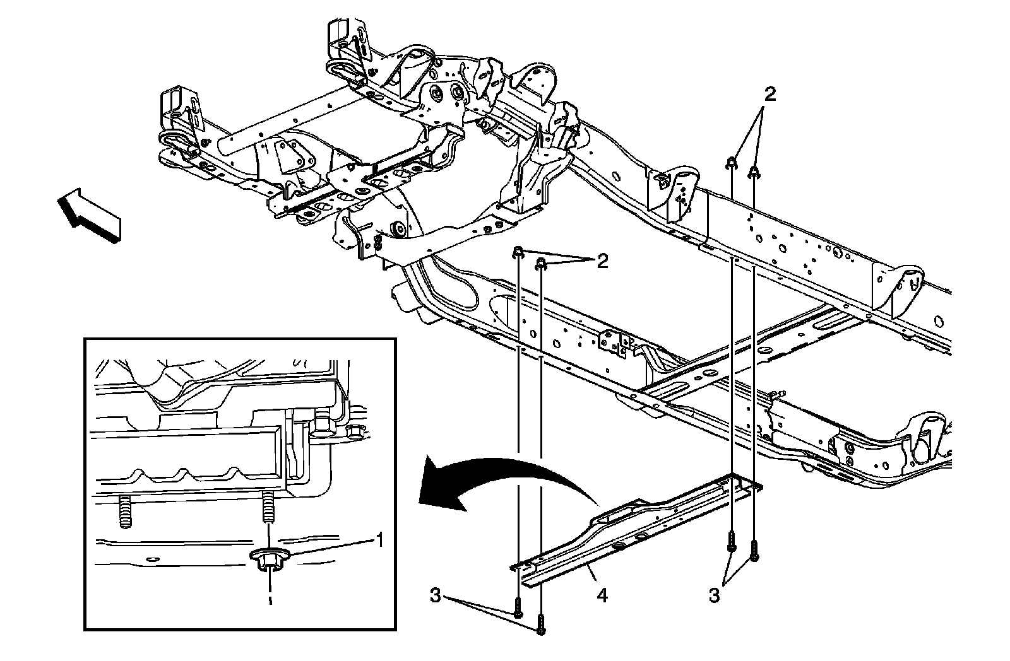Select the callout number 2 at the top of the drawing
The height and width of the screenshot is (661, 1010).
(769, 95)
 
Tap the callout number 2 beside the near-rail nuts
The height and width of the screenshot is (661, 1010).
(603, 261)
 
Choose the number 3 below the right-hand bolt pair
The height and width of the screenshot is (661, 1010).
(714, 595)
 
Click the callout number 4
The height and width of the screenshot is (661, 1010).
(603, 595)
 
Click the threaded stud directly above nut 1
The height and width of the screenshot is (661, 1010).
(269, 506)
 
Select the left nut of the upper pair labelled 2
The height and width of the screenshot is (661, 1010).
(731, 163)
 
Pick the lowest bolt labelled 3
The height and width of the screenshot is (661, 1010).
(541, 624)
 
